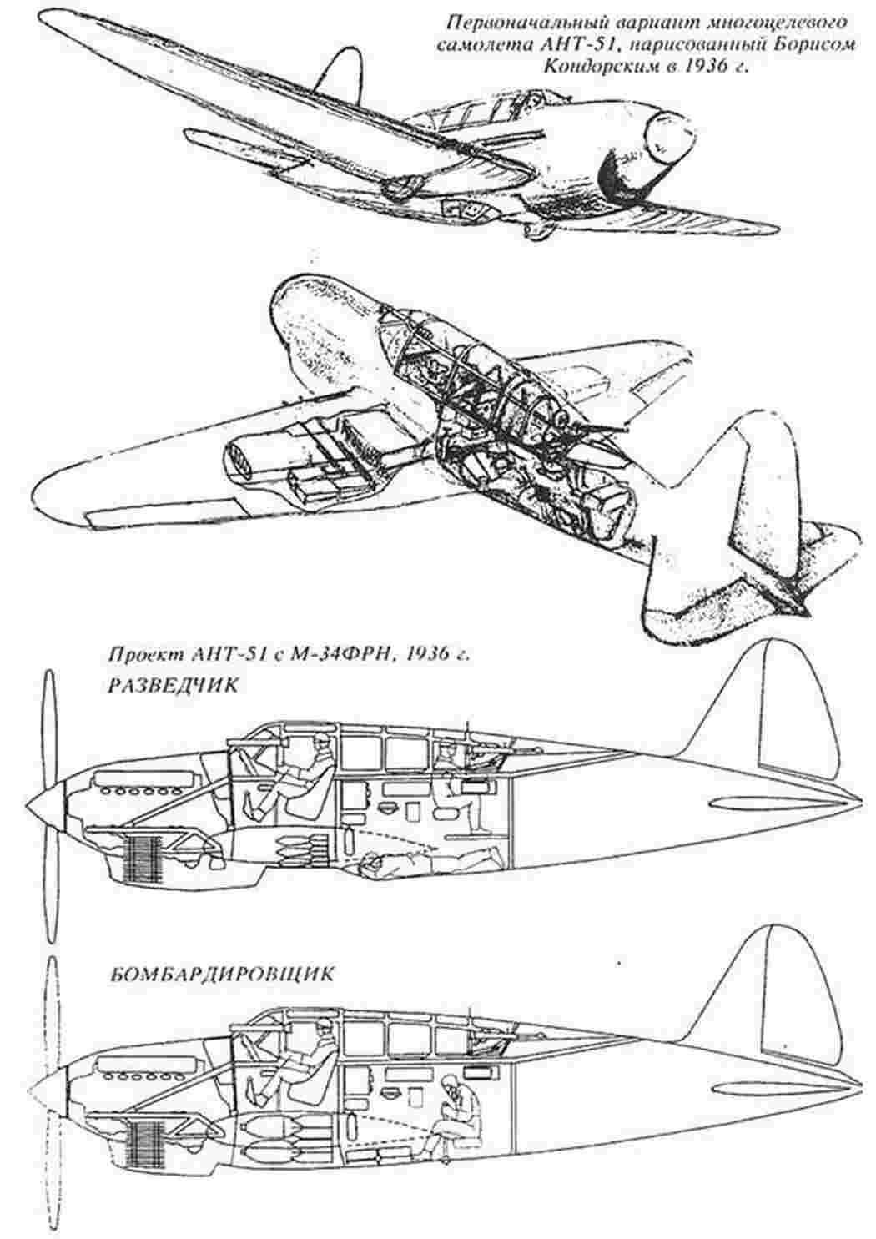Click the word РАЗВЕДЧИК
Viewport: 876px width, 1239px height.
(171, 685)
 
